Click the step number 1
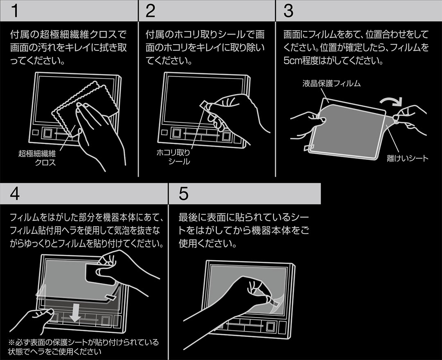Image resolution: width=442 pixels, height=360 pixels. (14, 11)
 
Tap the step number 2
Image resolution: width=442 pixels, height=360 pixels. (150, 11)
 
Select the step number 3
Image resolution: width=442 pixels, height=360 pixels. (288, 11)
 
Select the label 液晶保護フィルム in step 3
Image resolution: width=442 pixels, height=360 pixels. (331, 84)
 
